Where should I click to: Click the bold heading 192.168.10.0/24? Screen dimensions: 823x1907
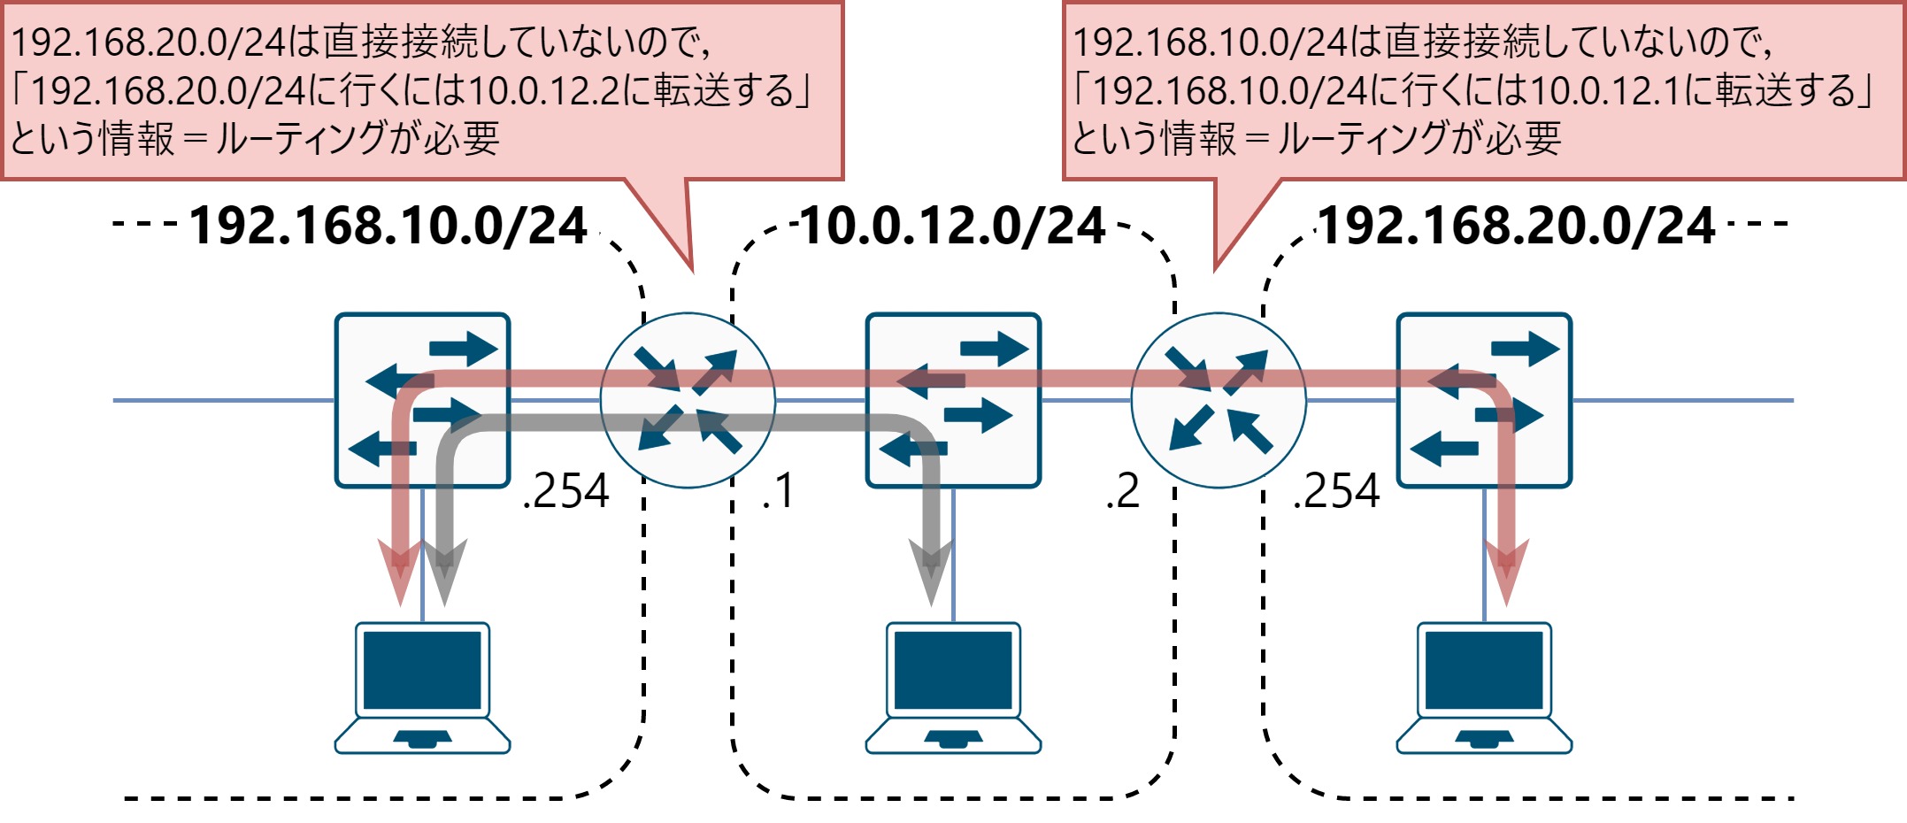pos(388,226)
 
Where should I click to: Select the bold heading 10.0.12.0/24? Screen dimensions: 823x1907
pos(953,226)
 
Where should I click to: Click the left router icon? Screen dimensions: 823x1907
pos(688,400)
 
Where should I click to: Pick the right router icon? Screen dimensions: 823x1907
pos(1219,400)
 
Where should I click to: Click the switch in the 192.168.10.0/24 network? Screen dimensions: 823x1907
pos(422,400)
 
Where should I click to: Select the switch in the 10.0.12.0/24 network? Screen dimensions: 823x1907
pos(953,400)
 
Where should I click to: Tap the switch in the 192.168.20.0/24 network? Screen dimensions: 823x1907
pos(1484,400)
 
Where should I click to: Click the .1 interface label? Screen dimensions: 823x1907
pos(778,491)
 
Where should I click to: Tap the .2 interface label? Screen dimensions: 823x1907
pos(1122,491)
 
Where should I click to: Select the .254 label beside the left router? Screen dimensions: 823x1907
pos(566,491)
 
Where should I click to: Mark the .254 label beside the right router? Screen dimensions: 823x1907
pos(1336,491)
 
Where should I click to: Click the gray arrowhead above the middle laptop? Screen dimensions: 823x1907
pos(931,571)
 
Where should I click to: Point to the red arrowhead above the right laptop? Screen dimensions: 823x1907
pos(1506,571)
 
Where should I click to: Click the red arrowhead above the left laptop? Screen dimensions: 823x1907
pos(400,571)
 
